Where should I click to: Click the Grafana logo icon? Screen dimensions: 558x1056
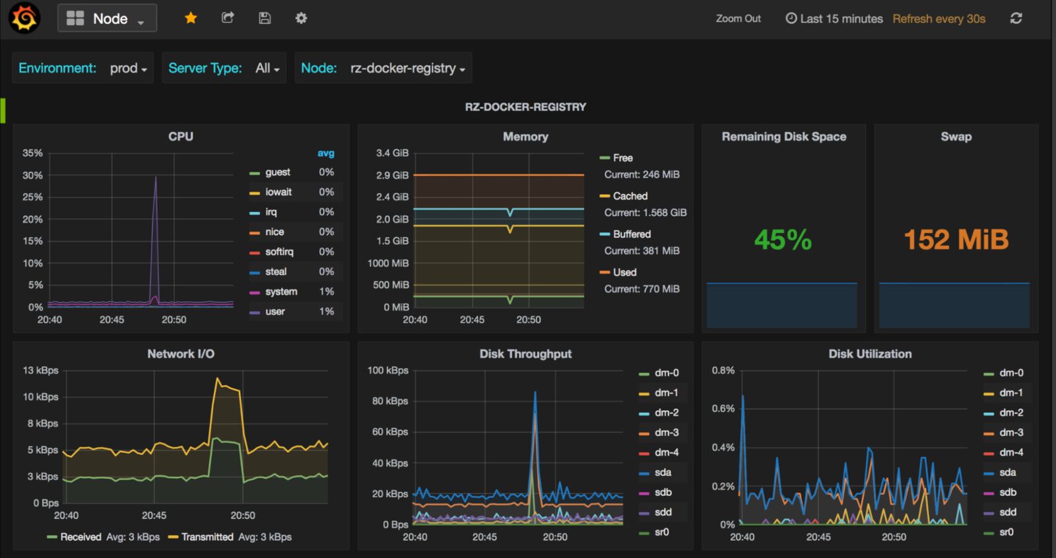coord(24,18)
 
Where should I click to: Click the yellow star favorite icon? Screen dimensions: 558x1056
coord(191,18)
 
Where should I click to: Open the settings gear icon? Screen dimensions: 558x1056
coord(301,18)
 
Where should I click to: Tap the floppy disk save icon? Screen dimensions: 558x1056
coord(265,18)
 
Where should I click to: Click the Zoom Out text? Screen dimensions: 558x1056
coord(738,18)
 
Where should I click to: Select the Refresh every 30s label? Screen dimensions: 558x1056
coord(939,18)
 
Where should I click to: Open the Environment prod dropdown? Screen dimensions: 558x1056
coord(128,68)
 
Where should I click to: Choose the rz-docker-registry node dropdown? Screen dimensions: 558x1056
coord(407,68)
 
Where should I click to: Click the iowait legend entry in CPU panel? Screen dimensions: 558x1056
coord(278,192)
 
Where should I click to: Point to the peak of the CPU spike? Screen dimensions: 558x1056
coord(156,177)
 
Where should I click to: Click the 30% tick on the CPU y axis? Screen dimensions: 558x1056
coord(32,175)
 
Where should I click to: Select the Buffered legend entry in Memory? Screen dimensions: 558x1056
coord(631,234)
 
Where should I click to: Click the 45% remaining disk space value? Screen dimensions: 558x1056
coord(783,239)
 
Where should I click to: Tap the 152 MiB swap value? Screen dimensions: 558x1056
coord(956,239)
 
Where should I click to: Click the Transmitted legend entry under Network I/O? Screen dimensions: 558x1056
coord(207,537)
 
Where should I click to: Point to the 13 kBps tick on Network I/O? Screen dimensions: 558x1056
coord(40,370)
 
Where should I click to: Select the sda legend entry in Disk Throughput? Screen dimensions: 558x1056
coord(663,472)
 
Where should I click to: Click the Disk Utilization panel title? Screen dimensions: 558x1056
coord(870,354)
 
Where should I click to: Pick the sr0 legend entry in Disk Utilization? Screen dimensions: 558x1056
coord(1006,532)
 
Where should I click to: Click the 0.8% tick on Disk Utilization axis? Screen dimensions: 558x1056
coord(723,370)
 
